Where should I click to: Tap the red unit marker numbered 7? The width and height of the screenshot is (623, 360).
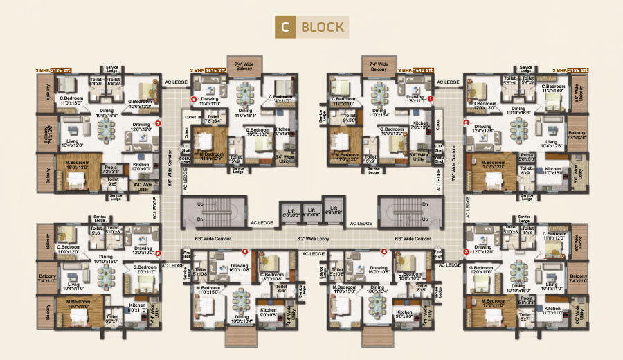tap(159, 124)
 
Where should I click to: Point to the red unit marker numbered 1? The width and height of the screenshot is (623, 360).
tap(430, 99)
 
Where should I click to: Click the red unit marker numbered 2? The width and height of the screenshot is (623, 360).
tap(466, 123)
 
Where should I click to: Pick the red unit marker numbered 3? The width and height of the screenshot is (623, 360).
tap(466, 252)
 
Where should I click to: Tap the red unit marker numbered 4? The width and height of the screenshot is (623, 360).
tap(384, 251)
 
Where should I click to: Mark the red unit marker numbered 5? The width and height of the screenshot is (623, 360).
tap(244, 251)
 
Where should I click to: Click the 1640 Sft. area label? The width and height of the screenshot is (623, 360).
tap(424, 71)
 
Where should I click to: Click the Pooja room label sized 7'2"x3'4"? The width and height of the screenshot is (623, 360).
tap(110, 168)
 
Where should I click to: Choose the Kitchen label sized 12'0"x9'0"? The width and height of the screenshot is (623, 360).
tap(141, 167)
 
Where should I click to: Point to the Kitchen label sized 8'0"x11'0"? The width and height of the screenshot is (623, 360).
tap(138, 308)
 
